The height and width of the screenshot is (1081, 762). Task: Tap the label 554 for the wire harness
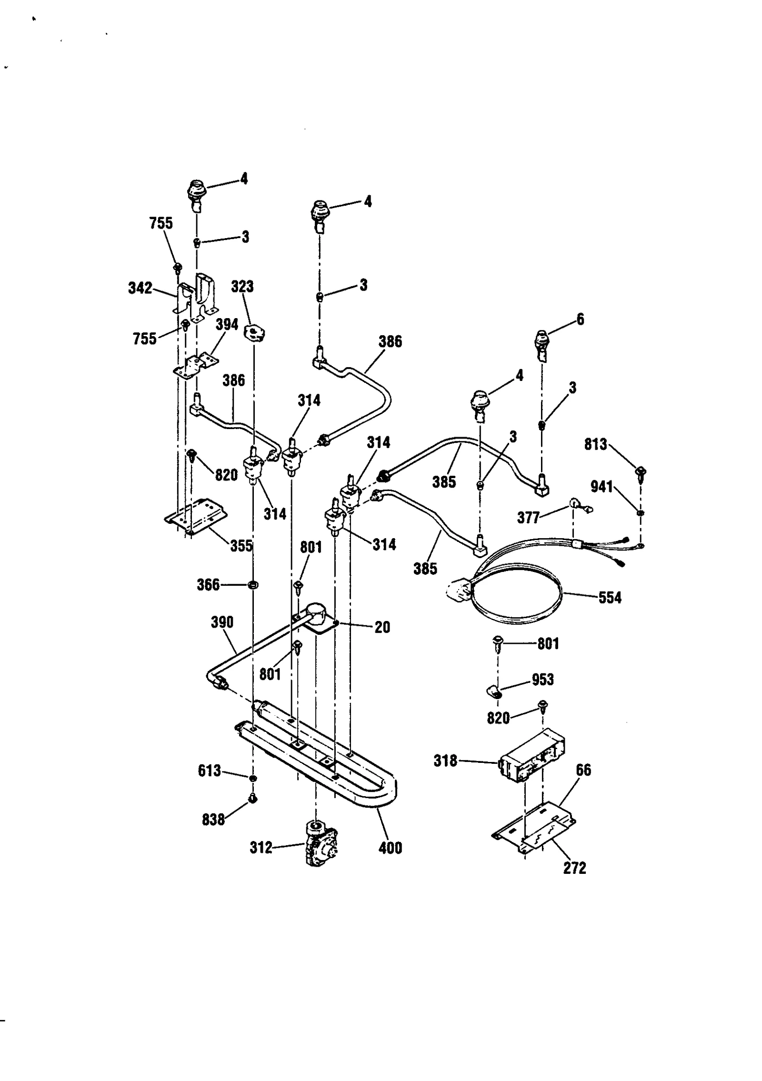(610, 598)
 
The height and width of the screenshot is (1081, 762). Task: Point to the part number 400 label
(390, 848)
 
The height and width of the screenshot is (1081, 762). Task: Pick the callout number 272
(574, 868)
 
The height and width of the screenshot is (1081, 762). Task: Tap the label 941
(602, 487)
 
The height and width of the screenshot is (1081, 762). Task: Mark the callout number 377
(528, 518)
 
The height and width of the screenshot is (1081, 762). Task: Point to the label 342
(140, 288)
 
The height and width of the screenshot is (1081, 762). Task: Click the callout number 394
(227, 325)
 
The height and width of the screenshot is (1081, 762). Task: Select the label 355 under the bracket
(241, 546)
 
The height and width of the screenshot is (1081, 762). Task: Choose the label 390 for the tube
(222, 622)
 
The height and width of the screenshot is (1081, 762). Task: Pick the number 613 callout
(209, 771)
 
